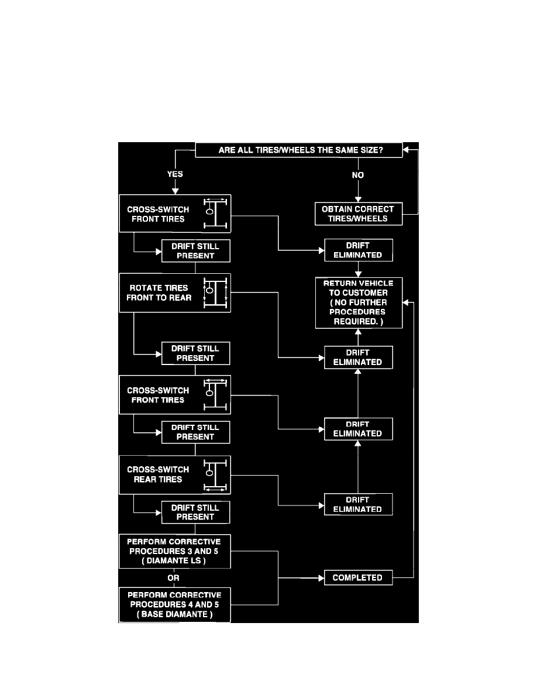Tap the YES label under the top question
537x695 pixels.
(x=175, y=174)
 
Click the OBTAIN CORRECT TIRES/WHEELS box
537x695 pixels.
(x=358, y=214)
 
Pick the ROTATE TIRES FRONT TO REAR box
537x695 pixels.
(x=175, y=293)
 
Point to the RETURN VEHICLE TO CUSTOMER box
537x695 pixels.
(x=359, y=302)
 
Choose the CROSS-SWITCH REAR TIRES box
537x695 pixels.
(x=175, y=474)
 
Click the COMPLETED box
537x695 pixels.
(x=357, y=578)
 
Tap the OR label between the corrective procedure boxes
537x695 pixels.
(x=174, y=577)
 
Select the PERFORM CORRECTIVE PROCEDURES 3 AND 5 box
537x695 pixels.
(x=174, y=551)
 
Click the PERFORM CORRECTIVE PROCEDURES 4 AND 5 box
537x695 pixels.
(x=174, y=605)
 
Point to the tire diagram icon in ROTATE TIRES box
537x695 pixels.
(x=215, y=293)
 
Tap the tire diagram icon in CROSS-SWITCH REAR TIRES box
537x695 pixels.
(x=215, y=474)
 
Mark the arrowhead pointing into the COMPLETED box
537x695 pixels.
(x=321, y=578)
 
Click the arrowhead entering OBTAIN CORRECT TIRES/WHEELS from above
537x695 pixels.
(x=358, y=199)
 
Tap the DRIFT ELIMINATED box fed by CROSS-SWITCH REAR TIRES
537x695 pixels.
(x=357, y=504)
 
